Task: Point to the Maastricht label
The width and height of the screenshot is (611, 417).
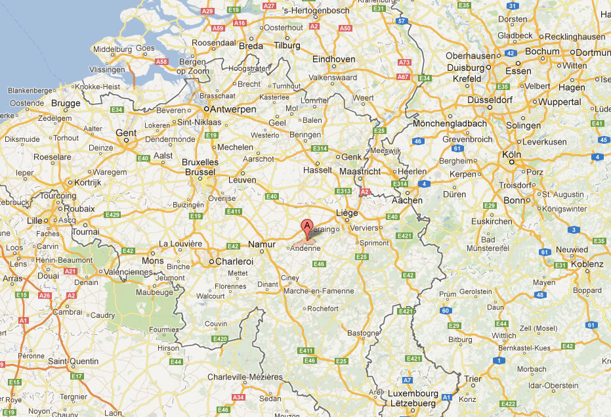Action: [361, 171]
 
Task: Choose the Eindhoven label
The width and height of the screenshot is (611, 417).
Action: [333, 59]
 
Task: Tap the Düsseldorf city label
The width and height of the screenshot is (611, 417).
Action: [490, 100]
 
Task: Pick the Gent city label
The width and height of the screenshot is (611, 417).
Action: [125, 133]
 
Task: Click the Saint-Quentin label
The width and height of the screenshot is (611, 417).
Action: [73, 361]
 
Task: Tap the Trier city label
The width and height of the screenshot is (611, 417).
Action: [473, 379]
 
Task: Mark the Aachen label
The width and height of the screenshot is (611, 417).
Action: [408, 200]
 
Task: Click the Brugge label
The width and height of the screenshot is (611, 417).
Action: [66, 103]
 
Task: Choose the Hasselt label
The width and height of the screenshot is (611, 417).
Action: [318, 170]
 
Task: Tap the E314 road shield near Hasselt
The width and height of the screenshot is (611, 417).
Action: [320, 149]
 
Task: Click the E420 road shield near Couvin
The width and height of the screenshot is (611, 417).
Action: [220, 339]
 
